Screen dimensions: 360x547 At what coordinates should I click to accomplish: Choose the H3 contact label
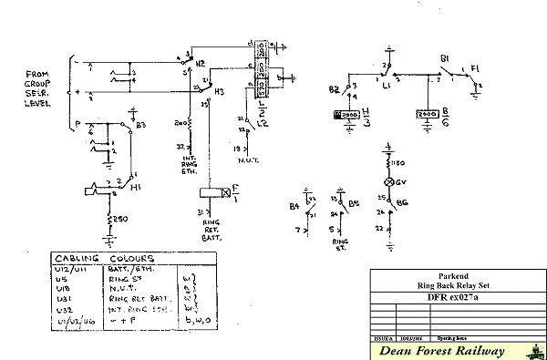coord(219,92)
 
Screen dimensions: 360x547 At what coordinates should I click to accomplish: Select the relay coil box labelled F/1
coord(213,192)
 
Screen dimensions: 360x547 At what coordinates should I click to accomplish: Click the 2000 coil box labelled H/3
coord(350,116)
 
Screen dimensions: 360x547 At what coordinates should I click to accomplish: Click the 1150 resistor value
coord(398,163)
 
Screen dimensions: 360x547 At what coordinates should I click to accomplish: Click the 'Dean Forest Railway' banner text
coord(441,350)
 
